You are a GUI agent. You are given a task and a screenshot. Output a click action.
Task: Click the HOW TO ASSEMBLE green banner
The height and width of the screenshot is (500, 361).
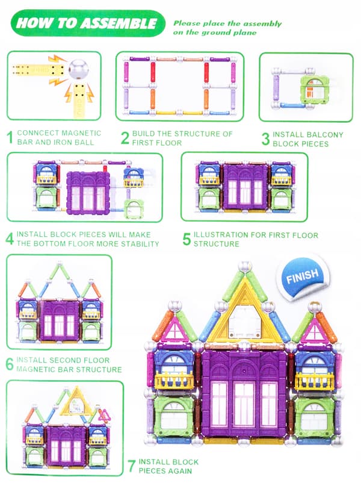88,23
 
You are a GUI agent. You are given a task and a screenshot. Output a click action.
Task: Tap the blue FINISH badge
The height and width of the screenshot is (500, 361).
302,276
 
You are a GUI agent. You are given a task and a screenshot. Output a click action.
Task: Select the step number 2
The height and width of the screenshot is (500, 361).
125,138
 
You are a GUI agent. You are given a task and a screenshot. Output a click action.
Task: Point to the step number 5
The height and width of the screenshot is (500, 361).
187,239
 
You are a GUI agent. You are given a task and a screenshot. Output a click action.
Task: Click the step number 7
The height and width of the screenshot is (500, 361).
131,466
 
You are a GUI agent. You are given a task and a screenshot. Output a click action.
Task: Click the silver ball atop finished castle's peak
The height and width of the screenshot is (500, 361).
245,266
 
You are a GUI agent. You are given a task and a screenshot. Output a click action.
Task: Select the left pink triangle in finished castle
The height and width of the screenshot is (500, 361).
174,330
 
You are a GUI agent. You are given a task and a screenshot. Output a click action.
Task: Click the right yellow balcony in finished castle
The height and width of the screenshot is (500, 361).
315,381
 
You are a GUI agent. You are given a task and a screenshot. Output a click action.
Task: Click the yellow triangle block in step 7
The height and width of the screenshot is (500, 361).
76,401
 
